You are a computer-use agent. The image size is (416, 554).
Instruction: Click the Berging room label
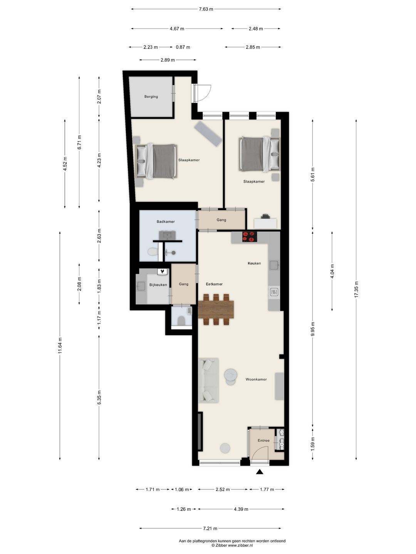click(151, 97)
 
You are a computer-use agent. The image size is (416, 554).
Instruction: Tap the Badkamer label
click(166, 222)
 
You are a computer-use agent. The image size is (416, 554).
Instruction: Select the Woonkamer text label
click(256, 379)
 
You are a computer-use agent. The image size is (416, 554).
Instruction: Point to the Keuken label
click(254, 264)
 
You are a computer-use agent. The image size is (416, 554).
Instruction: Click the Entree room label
click(263, 441)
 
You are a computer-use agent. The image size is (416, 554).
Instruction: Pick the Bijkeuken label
click(158, 285)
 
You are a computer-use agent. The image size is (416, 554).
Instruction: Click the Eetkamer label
click(214, 284)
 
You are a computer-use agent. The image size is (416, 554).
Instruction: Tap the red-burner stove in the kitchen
click(249, 237)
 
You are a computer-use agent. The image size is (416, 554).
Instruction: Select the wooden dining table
click(216, 309)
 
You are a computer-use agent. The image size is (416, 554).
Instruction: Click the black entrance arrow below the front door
click(260, 472)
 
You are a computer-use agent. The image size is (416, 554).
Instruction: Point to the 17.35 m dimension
click(356, 289)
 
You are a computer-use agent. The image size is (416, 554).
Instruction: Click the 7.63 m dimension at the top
click(206, 9)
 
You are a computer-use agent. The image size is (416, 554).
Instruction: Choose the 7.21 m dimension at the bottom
click(210, 528)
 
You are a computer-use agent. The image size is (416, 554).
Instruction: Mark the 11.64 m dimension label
click(60, 345)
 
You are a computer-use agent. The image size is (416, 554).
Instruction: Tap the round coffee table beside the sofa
click(231, 375)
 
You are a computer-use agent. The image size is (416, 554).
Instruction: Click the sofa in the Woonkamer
click(208, 380)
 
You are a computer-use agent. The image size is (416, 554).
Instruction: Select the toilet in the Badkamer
click(153, 252)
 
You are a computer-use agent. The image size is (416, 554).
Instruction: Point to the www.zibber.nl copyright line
click(232, 545)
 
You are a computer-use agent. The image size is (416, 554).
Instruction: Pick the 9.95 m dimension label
click(313, 329)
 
